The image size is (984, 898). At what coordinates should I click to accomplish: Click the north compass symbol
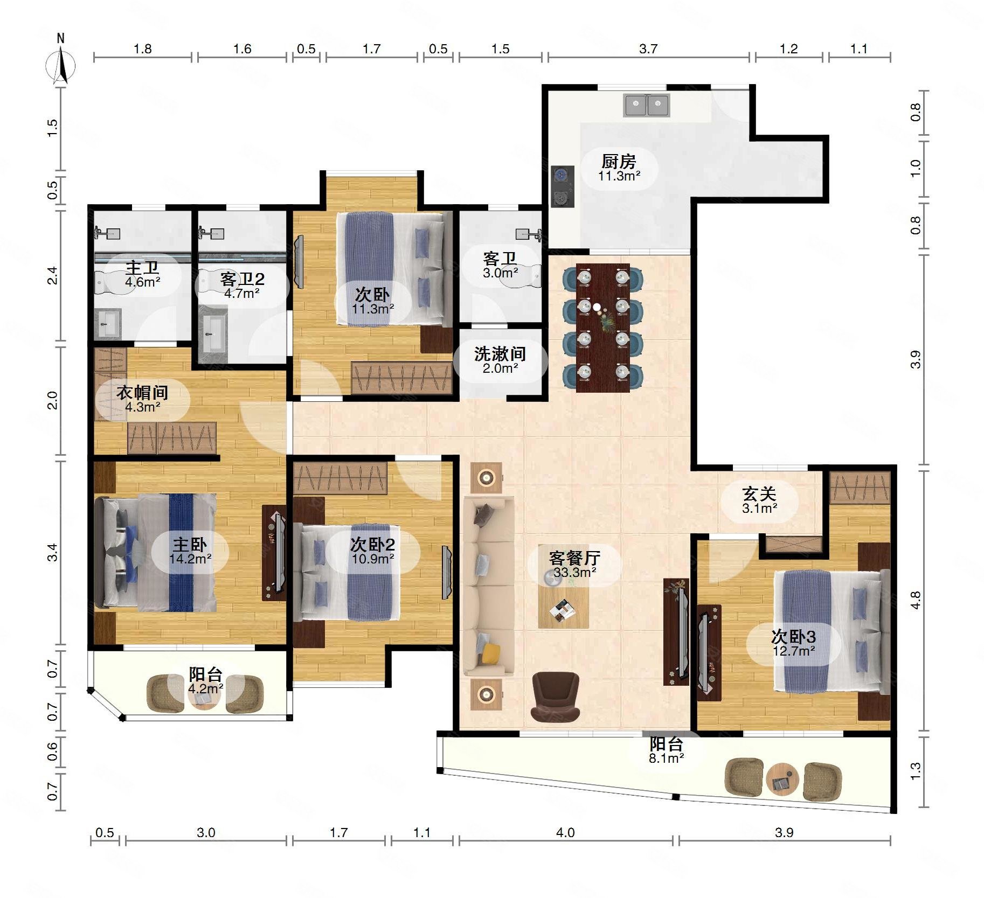(60, 65)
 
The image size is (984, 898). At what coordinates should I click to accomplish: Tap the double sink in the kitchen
(646, 105)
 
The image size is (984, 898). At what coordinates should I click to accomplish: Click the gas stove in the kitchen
(562, 186)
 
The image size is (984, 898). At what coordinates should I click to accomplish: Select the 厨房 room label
(619, 161)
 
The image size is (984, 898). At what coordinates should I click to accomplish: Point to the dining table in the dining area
(602, 328)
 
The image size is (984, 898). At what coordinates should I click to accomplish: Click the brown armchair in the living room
(555, 697)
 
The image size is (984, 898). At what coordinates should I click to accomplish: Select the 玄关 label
(759, 493)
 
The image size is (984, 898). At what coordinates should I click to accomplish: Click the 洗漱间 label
(500, 354)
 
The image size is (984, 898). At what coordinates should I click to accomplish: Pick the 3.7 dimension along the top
(648, 49)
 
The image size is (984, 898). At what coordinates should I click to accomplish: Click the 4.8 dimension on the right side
(916, 600)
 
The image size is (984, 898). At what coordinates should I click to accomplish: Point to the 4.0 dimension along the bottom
(565, 833)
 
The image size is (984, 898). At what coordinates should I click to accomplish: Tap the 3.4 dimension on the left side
(52, 552)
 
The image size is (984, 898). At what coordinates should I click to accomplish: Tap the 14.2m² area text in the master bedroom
(190, 559)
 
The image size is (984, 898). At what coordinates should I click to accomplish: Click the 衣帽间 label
(142, 393)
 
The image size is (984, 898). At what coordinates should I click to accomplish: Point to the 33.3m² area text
(575, 572)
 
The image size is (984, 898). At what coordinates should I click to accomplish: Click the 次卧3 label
(793, 637)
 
